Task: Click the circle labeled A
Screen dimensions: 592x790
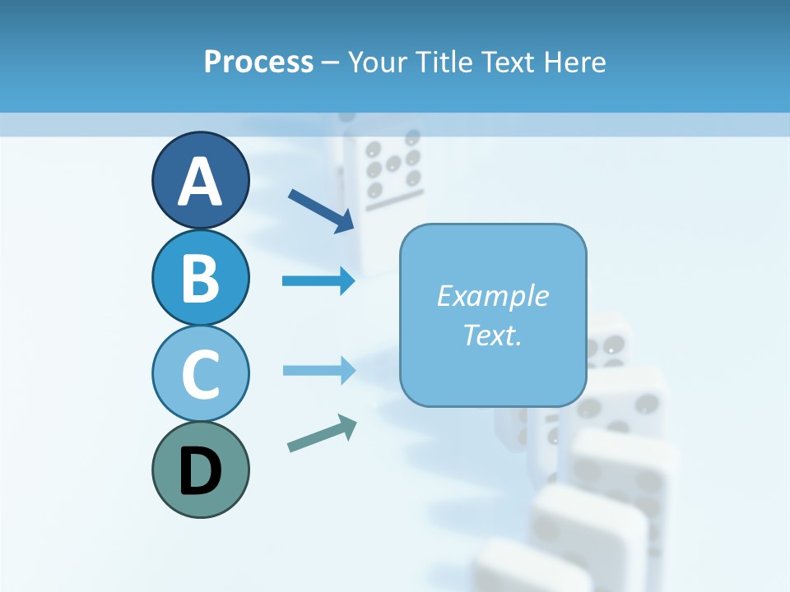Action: pyautogui.click(x=200, y=180)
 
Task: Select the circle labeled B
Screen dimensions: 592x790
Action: pyautogui.click(x=200, y=277)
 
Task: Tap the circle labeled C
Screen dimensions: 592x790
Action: pyautogui.click(x=200, y=373)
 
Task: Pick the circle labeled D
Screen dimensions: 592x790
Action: pyautogui.click(x=200, y=469)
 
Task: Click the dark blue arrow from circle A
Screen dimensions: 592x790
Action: pyautogui.click(x=321, y=210)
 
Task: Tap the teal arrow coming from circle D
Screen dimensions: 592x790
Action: pyautogui.click(x=322, y=434)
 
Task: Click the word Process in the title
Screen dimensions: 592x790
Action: pyautogui.click(x=258, y=62)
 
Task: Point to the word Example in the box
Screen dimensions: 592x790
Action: pyautogui.click(x=492, y=296)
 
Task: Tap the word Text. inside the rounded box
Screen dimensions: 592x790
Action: pyautogui.click(x=492, y=335)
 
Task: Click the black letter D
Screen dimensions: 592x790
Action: pyautogui.click(x=200, y=471)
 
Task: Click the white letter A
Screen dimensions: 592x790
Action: pyautogui.click(x=200, y=182)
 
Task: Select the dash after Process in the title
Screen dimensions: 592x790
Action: pyautogui.click(x=331, y=62)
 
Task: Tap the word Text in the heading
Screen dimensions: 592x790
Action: pyautogui.click(x=507, y=62)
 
